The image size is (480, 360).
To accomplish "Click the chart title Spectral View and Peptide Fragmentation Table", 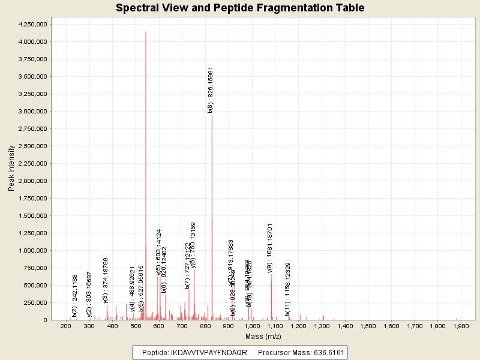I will click(x=240, y=8).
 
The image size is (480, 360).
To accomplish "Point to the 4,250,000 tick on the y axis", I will click(x=31, y=25).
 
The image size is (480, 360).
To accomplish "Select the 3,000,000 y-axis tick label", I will click(x=31, y=112).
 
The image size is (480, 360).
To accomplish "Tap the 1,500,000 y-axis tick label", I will click(x=31, y=216).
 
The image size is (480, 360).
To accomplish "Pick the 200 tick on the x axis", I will click(x=65, y=326).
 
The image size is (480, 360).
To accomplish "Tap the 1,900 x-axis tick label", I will click(x=461, y=326).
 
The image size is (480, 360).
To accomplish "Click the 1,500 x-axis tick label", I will click(x=368, y=326).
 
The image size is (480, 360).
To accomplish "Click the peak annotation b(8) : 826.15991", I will click(x=211, y=89).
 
